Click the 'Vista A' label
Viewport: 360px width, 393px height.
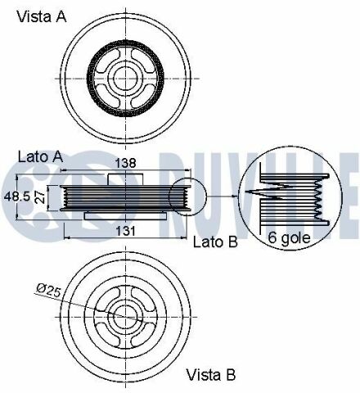pyautogui.click(x=42, y=16)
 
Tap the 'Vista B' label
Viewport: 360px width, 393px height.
pyautogui.click(x=211, y=375)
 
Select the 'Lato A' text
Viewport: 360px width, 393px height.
pyautogui.click(x=40, y=157)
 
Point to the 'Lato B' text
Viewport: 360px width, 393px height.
pyautogui.click(x=215, y=242)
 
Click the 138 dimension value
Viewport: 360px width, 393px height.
pyautogui.click(x=125, y=163)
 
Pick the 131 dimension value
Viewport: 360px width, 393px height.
pyautogui.click(x=126, y=232)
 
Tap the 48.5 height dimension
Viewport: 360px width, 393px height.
pyautogui.click(x=17, y=196)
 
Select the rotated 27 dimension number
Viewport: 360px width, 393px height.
pyautogui.click(x=40, y=197)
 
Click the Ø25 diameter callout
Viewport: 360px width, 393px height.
pyautogui.click(x=48, y=290)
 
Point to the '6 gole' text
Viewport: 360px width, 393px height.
pyautogui.click(x=290, y=237)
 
